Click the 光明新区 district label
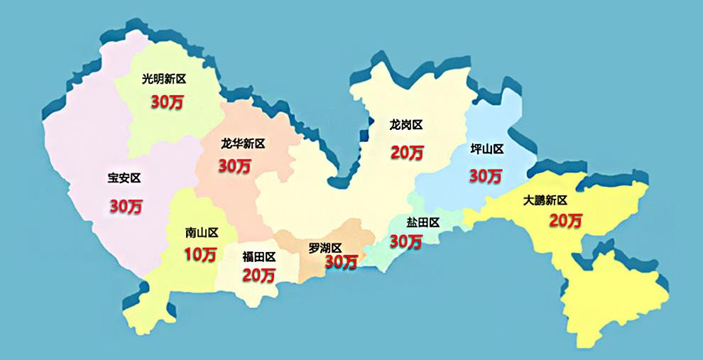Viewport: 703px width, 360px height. pyautogui.click(x=164, y=79)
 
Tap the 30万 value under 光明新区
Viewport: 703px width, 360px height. pyautogui.click(x=167, y=102)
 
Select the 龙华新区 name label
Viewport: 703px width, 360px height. pyautogui.click(x=243, y=143)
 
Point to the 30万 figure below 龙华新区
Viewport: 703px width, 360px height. pyautogui.click(x=234, y=166)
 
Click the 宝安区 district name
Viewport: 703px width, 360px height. pyautogui.click(x=124, y=178)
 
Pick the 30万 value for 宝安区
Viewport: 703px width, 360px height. pyautogui.click(x=126, y=207)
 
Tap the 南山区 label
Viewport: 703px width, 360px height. pyautogui.click(x=201, y=232)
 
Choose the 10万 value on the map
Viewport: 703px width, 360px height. pyautogui.click(x=200, y=254)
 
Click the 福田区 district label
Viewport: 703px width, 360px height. pyautogui.click(x=258, y=256)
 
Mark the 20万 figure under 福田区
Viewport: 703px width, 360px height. pyautogui.click(x=258, y=276)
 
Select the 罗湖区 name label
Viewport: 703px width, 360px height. pyautogui.click(x=325, y=248)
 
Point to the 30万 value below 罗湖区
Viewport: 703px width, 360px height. pyautogui.click(x=341, y=262)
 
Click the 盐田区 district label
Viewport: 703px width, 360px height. pyautogui.click(x=423, y=222)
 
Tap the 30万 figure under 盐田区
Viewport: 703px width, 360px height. pyautogui.click(x=406, y=241)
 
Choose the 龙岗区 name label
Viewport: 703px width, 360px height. pyautogui.click(x=406, y=125)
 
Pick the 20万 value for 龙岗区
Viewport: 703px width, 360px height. pyautogui.click(x=407, y=152)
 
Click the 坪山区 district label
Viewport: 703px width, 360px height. pyautogui.click(x=487, y=149)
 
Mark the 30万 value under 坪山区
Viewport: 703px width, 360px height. pyautogui.click(x=486, y=175)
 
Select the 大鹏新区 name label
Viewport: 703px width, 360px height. pyautogui.click(x=545, y=200)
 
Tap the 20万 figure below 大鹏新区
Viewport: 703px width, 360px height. pyautogui.click(x=565, y=221)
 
